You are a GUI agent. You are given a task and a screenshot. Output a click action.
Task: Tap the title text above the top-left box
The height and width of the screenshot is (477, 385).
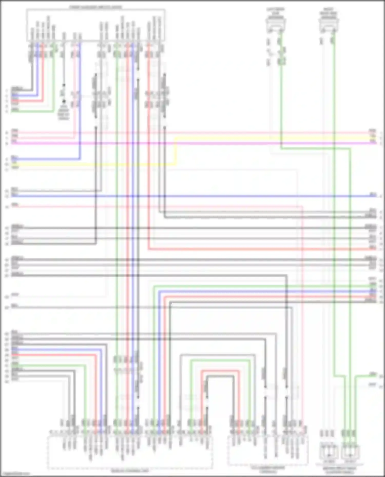coord(95,7)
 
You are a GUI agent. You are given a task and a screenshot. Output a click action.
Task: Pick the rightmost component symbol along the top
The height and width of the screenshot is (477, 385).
coord(329,26)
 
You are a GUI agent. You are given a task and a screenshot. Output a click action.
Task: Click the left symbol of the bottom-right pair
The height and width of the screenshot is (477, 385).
coord(329,453)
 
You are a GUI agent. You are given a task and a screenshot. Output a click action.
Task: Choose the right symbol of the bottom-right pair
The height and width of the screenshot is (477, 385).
coord(350,453)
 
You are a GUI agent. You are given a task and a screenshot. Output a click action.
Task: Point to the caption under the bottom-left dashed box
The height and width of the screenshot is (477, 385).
coord(130,471)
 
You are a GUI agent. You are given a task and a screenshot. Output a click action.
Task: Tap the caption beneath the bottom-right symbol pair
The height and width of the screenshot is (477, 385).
coord(339,470)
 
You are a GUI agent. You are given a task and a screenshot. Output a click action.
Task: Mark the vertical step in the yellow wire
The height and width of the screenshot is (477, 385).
coord(176,151)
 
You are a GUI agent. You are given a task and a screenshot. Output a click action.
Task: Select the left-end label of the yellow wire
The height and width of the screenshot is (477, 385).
coord(14,163)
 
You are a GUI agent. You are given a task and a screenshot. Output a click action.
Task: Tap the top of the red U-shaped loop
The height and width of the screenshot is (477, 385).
coord(220,371)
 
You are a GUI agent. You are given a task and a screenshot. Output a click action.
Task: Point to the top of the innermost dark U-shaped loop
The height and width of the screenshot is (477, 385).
coord(220,376)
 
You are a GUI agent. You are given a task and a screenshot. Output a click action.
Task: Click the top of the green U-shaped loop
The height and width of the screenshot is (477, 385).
coord(220,360)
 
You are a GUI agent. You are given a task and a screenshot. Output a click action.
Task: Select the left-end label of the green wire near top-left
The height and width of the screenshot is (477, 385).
coord(15,110)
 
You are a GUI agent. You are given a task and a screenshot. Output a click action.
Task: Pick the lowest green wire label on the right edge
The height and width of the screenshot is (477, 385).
coord(373,374)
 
